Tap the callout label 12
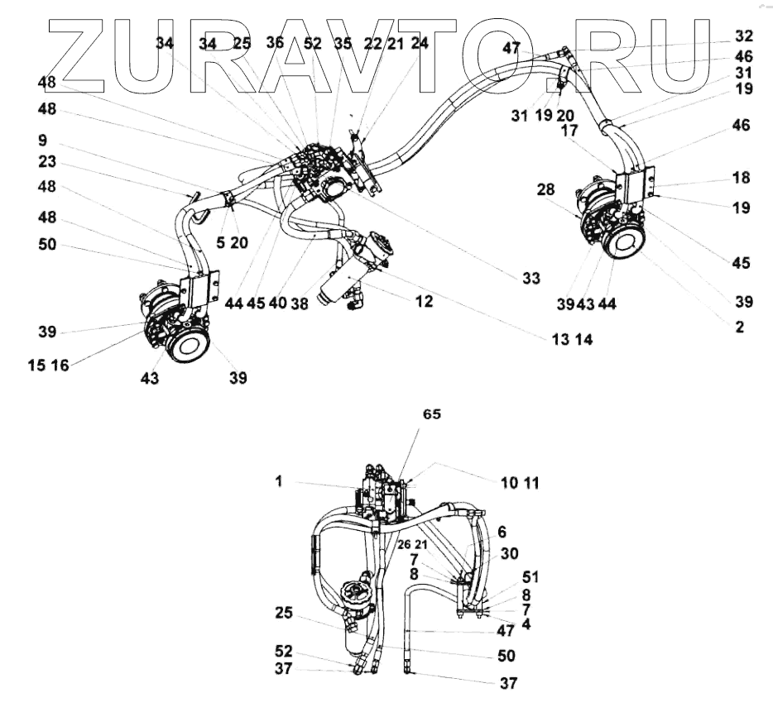[425, 303]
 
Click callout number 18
[741, 178]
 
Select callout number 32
[744, 36]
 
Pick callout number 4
[527, 624]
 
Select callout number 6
[502, 533]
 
